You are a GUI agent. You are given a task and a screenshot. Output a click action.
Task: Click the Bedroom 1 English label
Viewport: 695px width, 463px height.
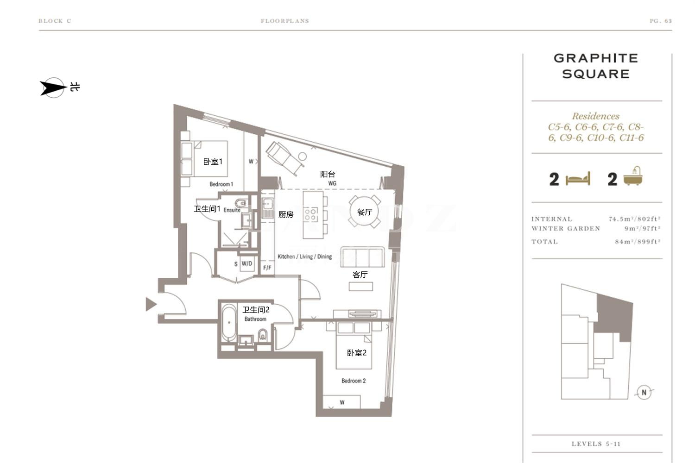pos(221,184)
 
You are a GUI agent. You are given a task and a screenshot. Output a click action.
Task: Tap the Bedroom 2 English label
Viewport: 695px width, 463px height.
pos(354,381)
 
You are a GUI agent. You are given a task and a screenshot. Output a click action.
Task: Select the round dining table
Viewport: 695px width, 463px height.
pos(364,212)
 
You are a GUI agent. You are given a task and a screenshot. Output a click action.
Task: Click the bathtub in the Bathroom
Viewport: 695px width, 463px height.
pos(229,323)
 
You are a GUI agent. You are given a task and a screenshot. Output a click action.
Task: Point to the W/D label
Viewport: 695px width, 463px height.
pos(247,263)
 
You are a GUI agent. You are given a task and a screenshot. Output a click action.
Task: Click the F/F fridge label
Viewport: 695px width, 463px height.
pos(267,268)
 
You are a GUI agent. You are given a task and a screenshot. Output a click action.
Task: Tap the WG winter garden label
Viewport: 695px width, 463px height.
pos(332,183)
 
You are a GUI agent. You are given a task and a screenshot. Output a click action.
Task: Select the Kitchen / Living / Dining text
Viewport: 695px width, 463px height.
pos(305,257)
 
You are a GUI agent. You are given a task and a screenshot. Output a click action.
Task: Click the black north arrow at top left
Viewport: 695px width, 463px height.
pos(53,88)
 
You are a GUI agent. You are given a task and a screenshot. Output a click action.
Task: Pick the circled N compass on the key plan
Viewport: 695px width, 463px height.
pos(644,392)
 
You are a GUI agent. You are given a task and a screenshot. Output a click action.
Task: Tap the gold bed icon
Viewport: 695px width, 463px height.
pos(578,179)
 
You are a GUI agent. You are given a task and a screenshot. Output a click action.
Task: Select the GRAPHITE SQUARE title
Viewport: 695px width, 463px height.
pos(596,66)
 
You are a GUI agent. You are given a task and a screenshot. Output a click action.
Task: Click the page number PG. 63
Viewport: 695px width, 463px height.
pos(661,21)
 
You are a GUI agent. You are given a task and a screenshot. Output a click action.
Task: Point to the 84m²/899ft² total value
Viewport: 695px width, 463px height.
pos(638,242)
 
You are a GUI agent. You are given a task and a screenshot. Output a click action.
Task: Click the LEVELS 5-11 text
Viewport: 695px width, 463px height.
pos(596,444)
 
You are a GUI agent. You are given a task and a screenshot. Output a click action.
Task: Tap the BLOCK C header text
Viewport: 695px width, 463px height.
pos(55,21)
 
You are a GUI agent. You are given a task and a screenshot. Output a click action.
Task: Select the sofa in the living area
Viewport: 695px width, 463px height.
pos(362,257)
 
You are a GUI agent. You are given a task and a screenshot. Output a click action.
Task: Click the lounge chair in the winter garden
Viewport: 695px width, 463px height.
pos(285,158)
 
